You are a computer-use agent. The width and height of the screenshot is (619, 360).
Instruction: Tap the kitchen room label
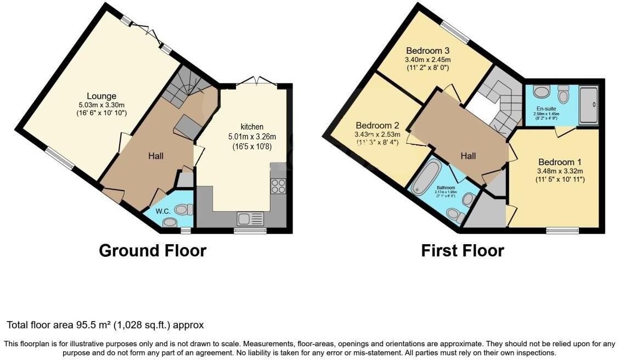252,127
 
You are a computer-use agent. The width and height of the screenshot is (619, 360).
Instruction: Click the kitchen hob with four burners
278,187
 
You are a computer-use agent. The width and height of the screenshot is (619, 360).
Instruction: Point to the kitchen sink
250,218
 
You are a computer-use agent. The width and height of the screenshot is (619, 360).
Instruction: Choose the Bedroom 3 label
427,50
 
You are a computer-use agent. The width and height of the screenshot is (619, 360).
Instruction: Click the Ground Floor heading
153,251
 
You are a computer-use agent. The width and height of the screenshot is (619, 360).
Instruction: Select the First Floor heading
462,251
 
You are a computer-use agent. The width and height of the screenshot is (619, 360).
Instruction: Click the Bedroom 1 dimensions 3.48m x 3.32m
559,171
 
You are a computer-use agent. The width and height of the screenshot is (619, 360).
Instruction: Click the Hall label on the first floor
468,156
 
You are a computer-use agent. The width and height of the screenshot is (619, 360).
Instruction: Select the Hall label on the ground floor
156,156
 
